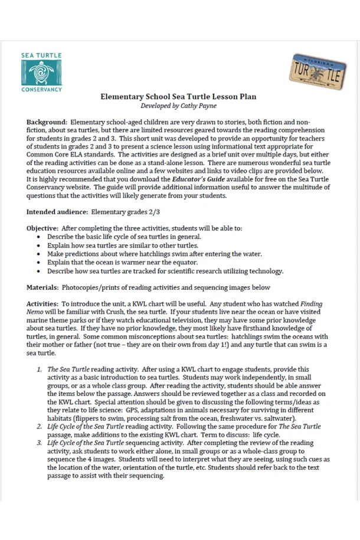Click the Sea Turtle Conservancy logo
point(41,72)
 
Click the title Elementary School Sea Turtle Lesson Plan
point(178,96)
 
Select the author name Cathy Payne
point(194,106)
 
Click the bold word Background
point(45,122)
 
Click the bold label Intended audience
point(54,211)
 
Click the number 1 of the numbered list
point(40,369)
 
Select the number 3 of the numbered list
point(40,443)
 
